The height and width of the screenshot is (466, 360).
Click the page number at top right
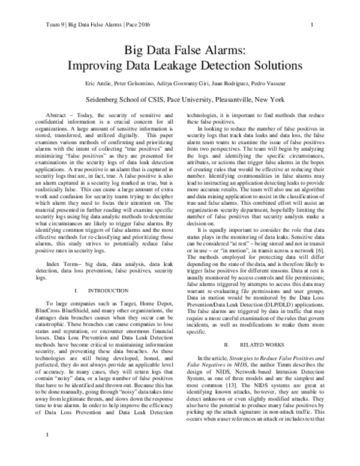[x=313, y=25]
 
